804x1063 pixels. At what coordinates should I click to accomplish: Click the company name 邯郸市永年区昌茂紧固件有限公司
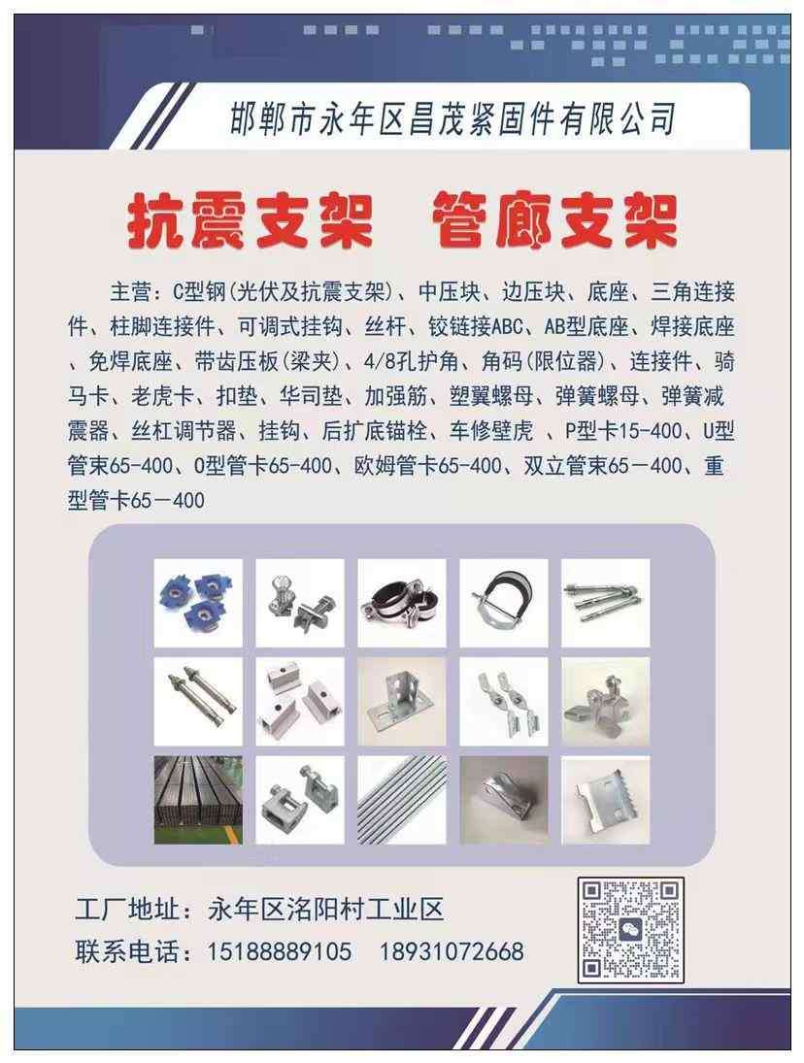tap(452, 117)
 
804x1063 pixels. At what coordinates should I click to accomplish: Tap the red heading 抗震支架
tap(251, 220)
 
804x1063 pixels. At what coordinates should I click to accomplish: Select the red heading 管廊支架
tap(553, 220)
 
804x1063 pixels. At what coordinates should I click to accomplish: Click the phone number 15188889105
tap(280, 951)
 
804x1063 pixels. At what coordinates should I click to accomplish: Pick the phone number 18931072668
tap(452, 951)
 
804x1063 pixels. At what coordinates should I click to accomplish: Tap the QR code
tap(630, 930)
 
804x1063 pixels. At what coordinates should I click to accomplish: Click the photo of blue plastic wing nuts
tap(198, 603)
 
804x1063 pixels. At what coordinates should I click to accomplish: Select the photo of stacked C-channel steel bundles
tap(198, 800)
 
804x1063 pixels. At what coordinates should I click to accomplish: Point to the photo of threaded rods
tap(402, 800)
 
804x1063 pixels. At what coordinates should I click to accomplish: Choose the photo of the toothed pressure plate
tap(605, 800)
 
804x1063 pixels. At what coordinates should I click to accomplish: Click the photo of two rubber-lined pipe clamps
tap(402, 603)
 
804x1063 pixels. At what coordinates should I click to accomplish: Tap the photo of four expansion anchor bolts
tap(605, 603)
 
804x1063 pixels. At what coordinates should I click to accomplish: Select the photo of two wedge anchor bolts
tap(198, 702)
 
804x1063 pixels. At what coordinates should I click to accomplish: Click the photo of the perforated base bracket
tap(402, 702)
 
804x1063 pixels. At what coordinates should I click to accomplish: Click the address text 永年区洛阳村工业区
tap(326, 909)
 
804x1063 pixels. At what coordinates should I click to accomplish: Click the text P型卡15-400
tap(623, 430)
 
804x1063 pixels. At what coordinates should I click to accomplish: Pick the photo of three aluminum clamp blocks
tap(300, 702)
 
